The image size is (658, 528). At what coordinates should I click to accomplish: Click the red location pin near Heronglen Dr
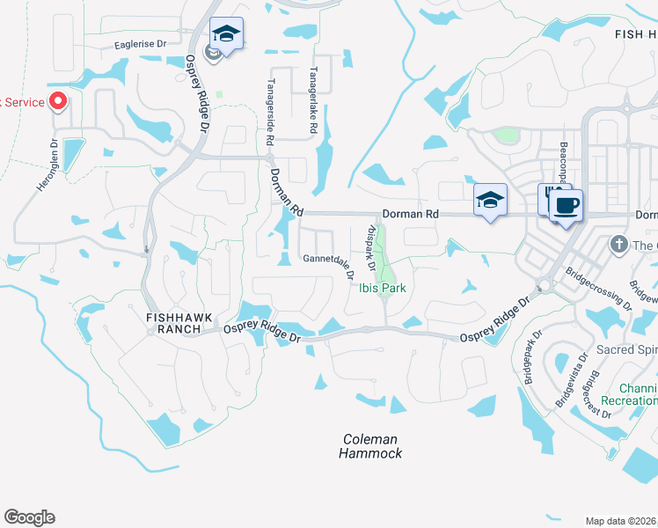[58, 101]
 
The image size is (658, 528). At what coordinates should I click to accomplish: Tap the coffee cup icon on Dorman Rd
[566, 207]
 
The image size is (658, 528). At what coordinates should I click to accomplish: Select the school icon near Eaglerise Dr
[227, 34]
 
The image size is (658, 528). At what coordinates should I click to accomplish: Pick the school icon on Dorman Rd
[490, 200]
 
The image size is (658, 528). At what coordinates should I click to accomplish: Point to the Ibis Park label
[382, 288]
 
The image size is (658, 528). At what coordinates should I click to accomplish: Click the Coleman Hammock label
[370, 446]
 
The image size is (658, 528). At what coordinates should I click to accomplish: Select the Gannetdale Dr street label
[328, 260]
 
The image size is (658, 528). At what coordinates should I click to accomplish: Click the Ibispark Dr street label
[370, 249]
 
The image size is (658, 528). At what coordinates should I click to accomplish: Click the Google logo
[29, 517]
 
